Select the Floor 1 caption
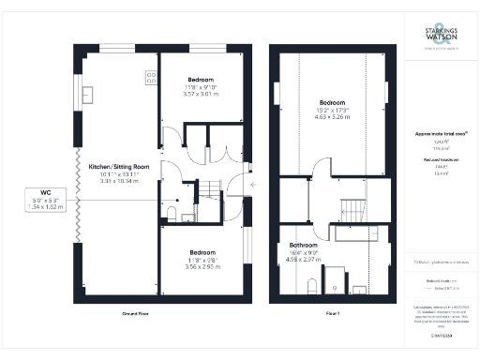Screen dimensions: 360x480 click(x=332, y=313)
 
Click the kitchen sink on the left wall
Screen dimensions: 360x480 click(x=88, y=94)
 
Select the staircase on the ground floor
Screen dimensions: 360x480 click(x=207, y=194)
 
